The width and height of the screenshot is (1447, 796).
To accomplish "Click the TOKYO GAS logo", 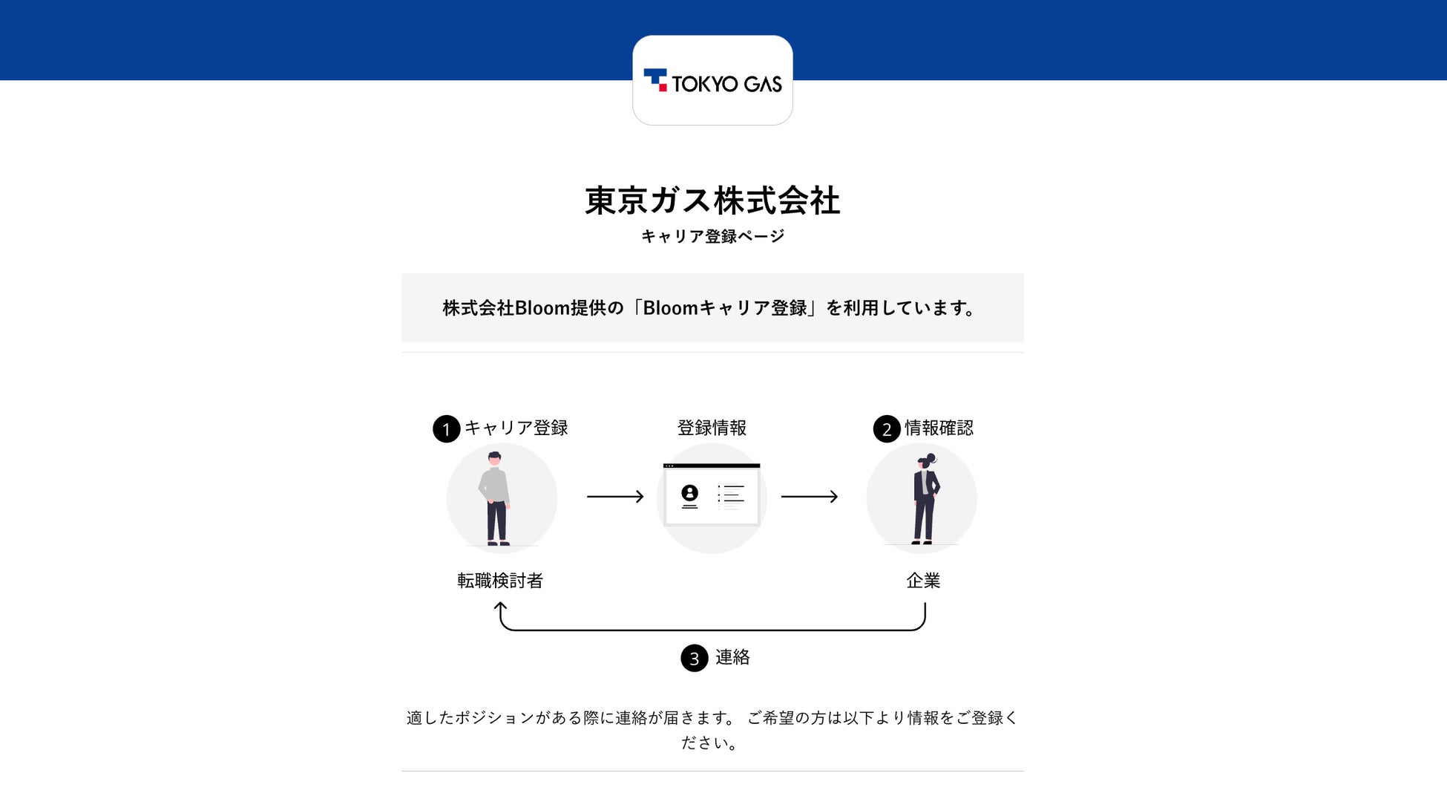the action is (712, 81).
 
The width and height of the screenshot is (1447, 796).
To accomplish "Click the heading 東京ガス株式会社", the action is (712, 200).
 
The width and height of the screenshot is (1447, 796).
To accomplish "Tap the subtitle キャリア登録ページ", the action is (712, 236).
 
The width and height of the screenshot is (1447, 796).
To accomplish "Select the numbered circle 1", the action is (446, 429).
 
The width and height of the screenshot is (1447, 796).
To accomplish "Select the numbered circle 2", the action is (887, 429).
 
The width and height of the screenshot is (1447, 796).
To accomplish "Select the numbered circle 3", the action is (695, 658).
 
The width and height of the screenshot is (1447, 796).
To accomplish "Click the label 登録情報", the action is (712, 428).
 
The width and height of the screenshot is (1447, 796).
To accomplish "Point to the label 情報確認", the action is (939, 428).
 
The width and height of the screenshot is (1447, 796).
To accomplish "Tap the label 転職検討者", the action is (500, 581).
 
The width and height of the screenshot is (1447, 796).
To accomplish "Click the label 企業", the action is (923, 581).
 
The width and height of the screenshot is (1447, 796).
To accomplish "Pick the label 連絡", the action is (732, 657).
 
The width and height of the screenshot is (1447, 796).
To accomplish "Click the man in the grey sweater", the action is (495, 498).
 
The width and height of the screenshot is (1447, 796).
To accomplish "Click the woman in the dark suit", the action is (925, 499).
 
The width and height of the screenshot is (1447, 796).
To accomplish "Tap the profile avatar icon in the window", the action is (690, 495).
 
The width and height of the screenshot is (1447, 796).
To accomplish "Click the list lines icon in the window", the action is (731, 495).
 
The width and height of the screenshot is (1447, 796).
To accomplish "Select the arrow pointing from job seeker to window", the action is (615, 496).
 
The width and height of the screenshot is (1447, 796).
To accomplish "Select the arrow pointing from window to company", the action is (810, 496).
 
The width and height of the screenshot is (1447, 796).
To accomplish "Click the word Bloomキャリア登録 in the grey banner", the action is (725, 308).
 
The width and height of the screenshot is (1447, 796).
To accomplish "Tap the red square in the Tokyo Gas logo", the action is (663, 88).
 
